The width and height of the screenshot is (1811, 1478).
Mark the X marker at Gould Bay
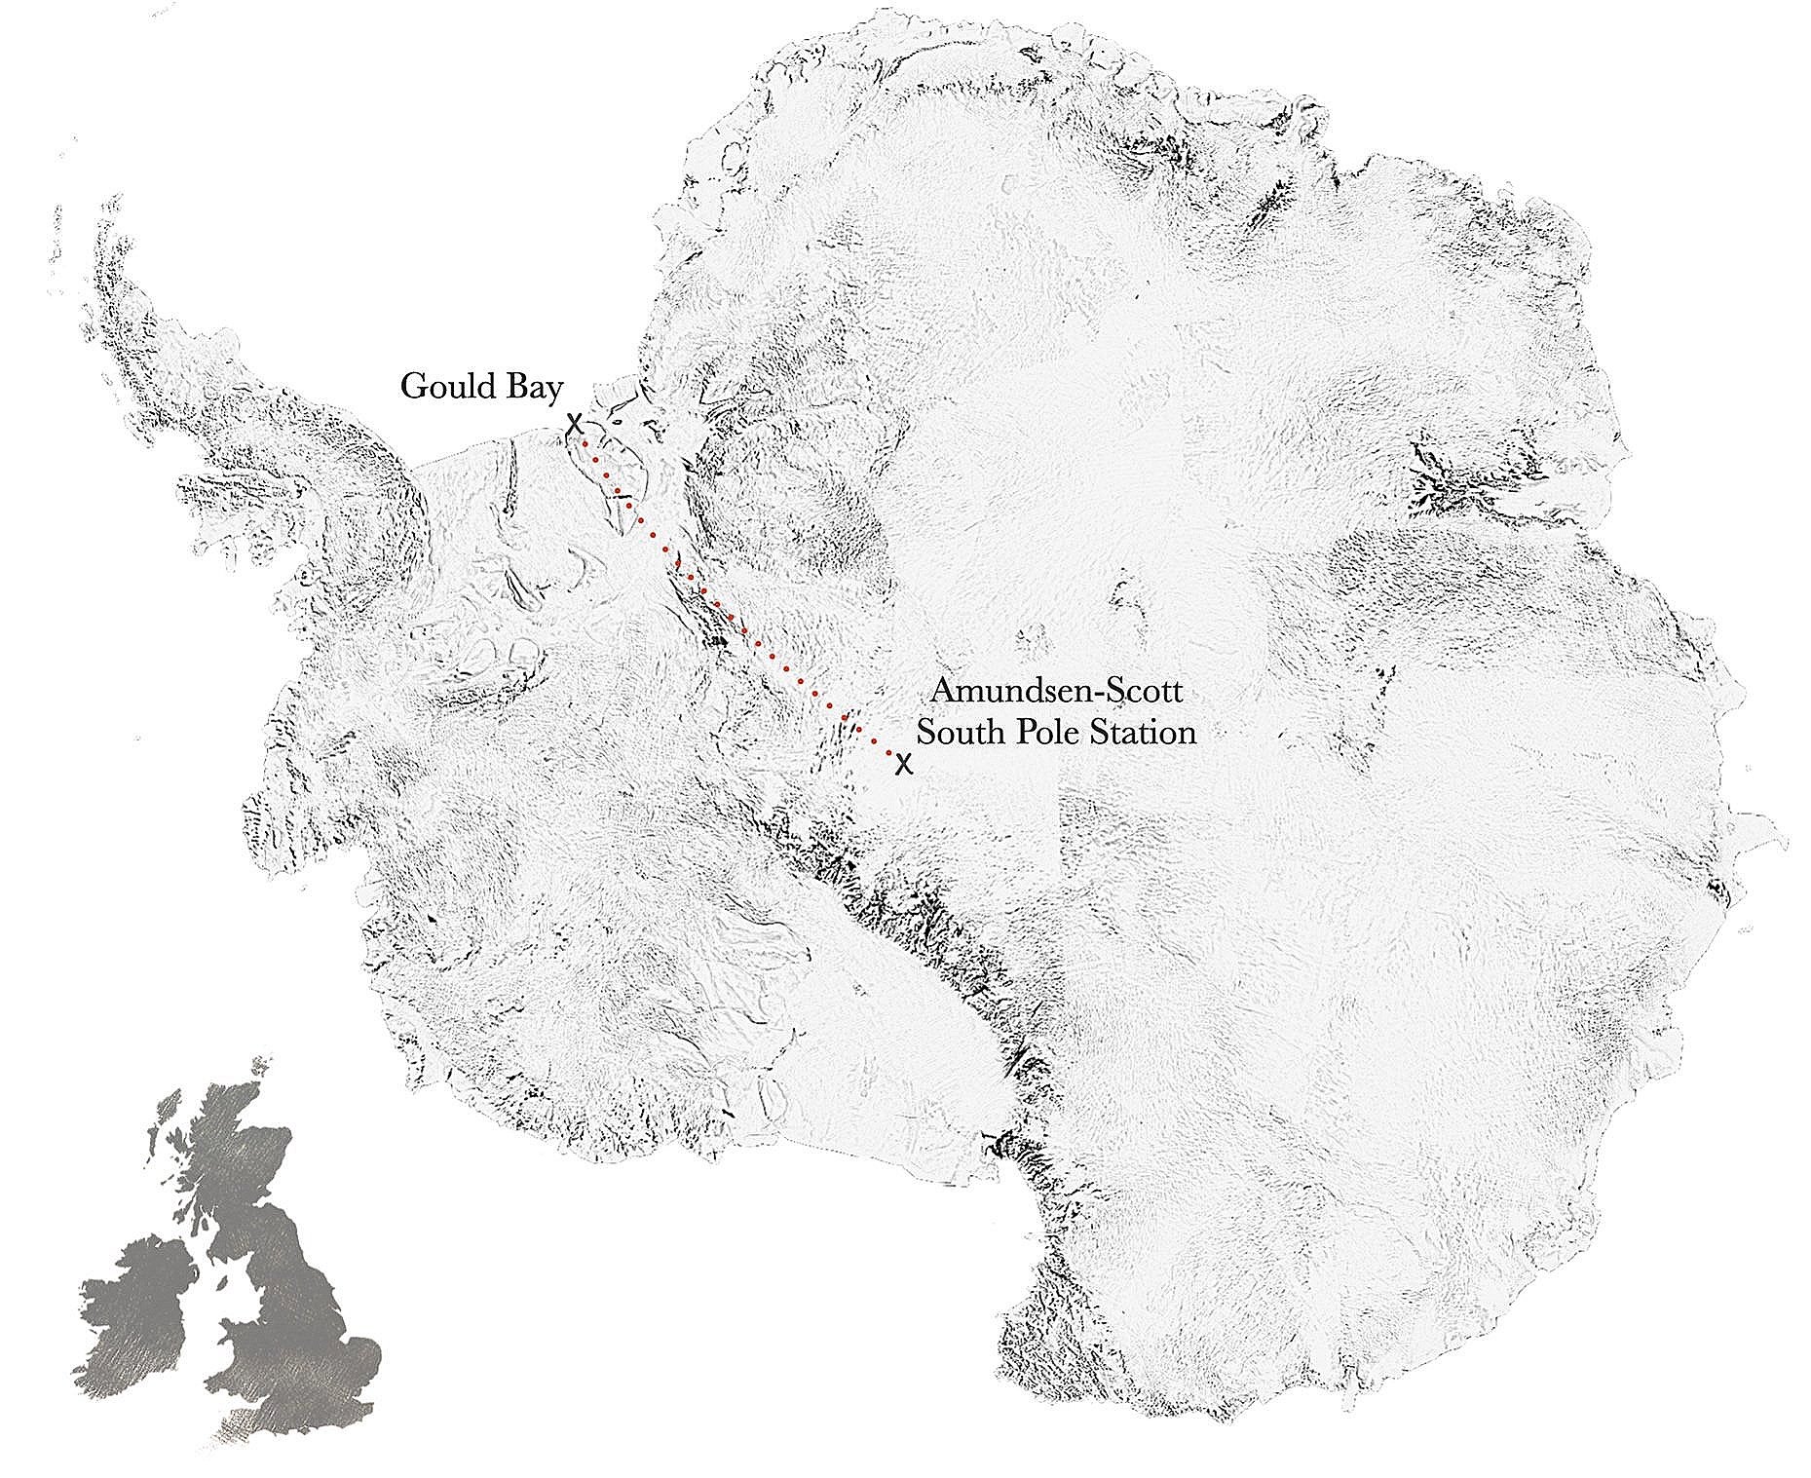point(575,424)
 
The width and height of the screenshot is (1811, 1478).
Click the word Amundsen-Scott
point(1057,692)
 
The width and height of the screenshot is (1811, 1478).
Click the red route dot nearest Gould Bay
point(585,442)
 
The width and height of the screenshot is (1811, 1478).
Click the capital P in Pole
point(1023,731)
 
